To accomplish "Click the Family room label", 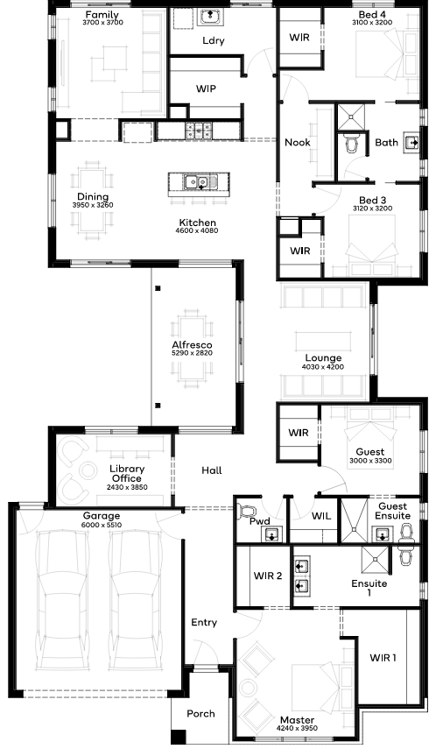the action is coord(102,15).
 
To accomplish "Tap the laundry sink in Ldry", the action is coord(210,17).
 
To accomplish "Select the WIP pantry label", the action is coord(206,88).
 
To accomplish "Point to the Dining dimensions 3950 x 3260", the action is coord(93,205).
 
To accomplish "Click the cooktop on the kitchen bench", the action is coord(199,130).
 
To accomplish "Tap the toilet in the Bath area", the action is coord(352,143).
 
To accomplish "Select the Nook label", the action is coord(298,142).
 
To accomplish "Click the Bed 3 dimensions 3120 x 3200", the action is coord(372,208).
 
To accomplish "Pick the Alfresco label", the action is coord(192,345).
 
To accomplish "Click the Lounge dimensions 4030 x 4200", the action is coord(323,367).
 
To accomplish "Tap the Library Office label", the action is coord(127,473).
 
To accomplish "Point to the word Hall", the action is coord(212,470).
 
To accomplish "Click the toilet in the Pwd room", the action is coord(247,512).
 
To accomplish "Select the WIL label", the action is coord(321,516).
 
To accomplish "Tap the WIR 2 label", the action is coord(268,576).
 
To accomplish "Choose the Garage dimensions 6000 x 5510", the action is coord(102,525).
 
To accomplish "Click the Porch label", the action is coord(200,714).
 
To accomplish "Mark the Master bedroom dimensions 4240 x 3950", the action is coord(298,728).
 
